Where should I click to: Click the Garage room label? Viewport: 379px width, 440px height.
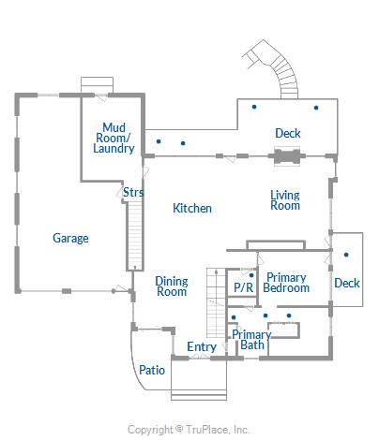click(x=70, y=239)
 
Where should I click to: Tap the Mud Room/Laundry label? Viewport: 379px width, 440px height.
click(x=114, y=138)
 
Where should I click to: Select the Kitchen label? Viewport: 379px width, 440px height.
click(x=192, y=208)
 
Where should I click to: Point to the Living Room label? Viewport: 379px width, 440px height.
click(x=285, y=200)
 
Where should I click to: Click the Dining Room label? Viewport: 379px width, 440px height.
click(x=172, y=286)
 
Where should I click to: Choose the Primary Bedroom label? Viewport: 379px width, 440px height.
click(x=286, y=283)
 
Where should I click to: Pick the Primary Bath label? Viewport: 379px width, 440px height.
click(x=251, y=340)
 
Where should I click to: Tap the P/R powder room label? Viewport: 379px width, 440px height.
click(x=243, y=287)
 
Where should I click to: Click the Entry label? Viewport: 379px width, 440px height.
click(x=202, y=347)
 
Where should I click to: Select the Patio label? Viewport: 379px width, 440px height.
click(x=152, y=370)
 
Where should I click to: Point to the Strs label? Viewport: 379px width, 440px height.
click(x=133, y=192)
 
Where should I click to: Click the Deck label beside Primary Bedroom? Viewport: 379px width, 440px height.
click(x=347, y=283)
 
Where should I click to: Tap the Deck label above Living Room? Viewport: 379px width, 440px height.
click(x=288, y=133)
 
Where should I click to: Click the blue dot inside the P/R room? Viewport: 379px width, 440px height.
click(x=251, y=275)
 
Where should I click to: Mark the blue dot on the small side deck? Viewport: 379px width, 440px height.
click(x=346, y=255)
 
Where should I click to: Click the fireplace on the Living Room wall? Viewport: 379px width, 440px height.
click(x=287, y=156)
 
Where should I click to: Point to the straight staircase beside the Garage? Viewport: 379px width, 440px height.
click(x=135, y=236)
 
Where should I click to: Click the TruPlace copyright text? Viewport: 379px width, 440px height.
click(x=189, y=430)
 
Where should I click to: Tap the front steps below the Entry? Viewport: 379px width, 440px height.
click(x=199, y=395)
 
